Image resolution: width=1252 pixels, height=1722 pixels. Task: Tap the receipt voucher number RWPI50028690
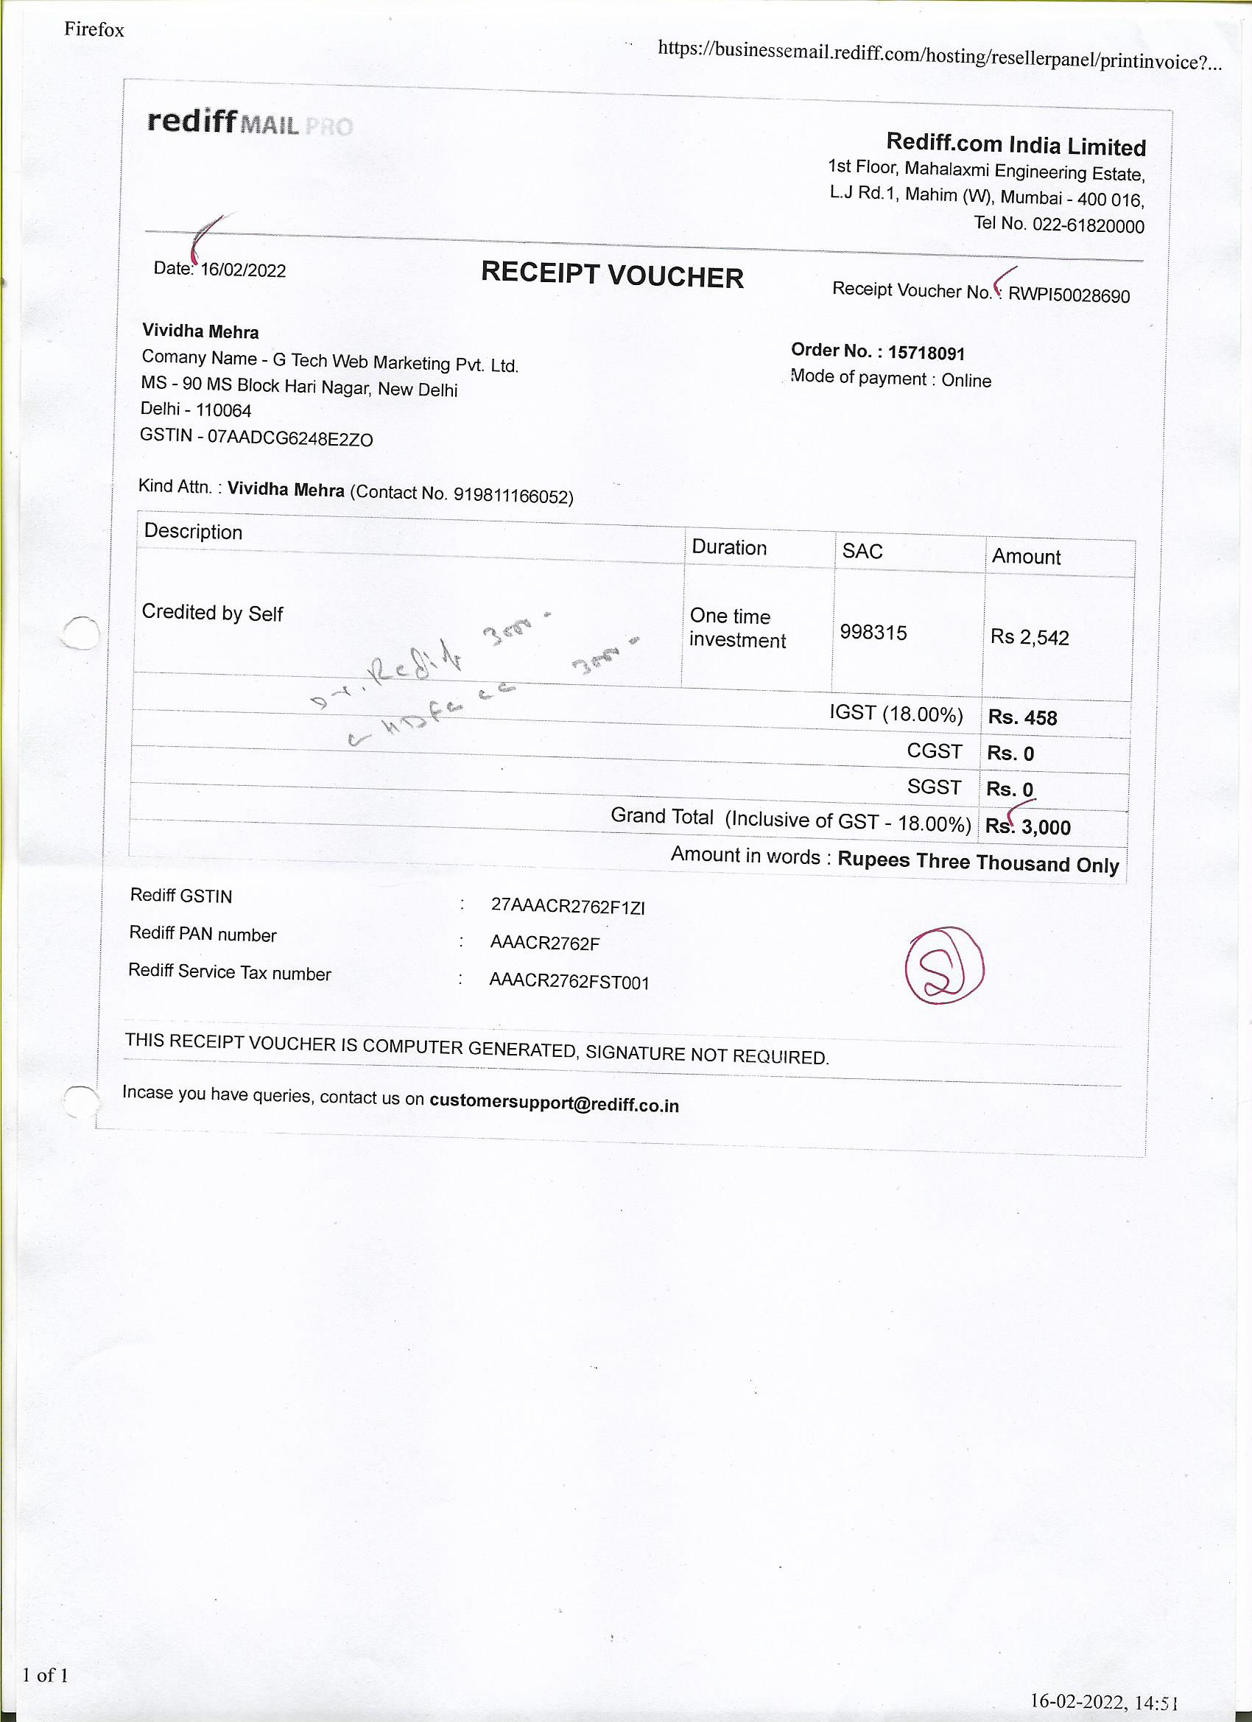coord(1069,295)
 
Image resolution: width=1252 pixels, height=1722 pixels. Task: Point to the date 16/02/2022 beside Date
coord(243,270)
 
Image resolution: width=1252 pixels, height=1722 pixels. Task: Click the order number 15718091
coord(926,353)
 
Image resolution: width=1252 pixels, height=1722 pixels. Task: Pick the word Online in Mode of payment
coord(966,380)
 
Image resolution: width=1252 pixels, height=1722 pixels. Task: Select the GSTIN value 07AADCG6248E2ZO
coord(290,438)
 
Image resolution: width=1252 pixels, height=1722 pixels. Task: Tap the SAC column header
coord(862,551)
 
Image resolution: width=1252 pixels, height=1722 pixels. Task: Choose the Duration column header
coord(729,547)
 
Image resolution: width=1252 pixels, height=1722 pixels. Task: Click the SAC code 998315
coord(873,633)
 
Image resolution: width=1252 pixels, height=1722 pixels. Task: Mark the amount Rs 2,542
coord(1029,637)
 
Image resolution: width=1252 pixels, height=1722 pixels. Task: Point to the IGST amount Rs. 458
coord(1022,717)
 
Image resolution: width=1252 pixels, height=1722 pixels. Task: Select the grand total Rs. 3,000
coord(1028,827)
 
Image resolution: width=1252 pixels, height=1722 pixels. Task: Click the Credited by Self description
coord(212,613)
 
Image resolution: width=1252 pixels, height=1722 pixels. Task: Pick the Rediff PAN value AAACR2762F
coord(544,943)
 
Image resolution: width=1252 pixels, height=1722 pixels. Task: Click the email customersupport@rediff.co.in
coord(554,1104)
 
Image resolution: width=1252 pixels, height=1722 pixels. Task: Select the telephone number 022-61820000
coord(1087,225)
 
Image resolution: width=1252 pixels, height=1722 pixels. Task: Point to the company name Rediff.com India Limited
coord(1015,144)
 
